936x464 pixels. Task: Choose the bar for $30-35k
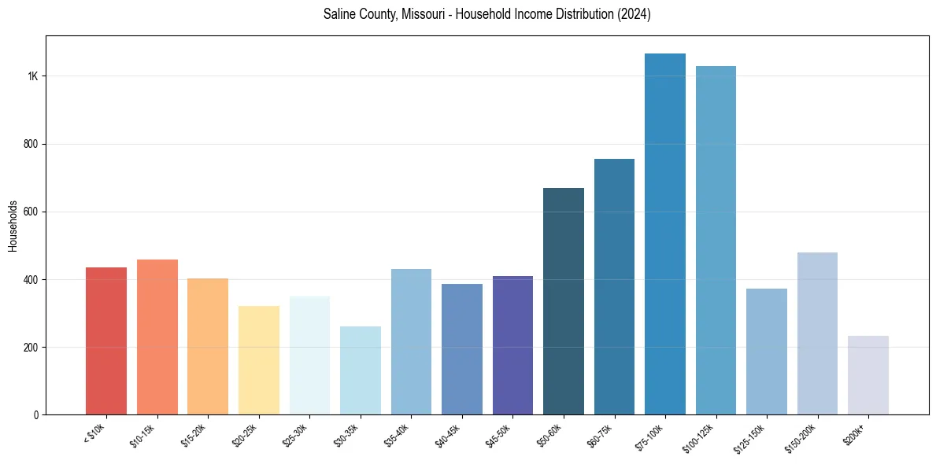[361, 370]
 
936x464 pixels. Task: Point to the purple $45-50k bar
[512, 345]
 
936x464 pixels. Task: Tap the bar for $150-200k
[817, 333]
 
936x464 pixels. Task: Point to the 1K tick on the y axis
[32, 76]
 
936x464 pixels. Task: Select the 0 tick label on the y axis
[36, 414]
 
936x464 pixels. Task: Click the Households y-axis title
[13, 226]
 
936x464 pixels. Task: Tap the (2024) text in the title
[634, 14]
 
